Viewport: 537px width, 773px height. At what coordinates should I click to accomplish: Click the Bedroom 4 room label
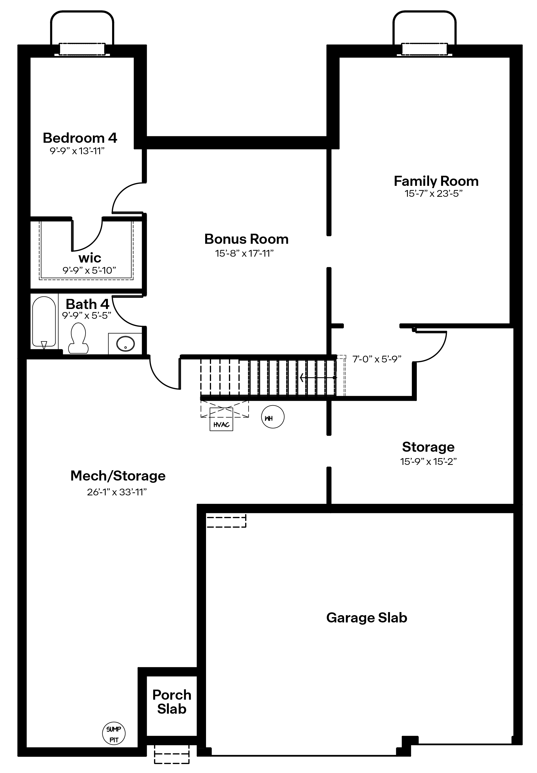tap(80, 138)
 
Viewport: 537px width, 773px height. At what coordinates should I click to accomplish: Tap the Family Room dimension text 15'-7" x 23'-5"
tap(434, 194)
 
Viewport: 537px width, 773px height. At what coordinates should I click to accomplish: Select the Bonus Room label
tap(246, 239)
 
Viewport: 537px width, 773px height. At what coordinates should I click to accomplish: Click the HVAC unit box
tap(221, 419)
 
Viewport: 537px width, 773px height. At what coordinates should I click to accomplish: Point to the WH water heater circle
tap(272, 416)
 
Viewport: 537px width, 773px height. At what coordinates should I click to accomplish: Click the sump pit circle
tap(114, 733)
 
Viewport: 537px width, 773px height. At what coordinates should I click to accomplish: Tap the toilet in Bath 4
tap(78, 338)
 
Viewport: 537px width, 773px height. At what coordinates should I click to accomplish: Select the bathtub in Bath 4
tap(44, 322)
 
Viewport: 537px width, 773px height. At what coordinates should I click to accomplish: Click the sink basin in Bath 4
tap(125, 344)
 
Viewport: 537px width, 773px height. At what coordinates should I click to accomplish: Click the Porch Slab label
tap(171, 702)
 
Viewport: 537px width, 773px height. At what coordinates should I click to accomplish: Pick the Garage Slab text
tap(366, 617)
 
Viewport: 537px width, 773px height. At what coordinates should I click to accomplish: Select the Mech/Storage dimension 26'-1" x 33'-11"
tap(117, 492)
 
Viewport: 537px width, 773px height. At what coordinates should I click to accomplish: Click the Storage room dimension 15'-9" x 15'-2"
tap(428, 461)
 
